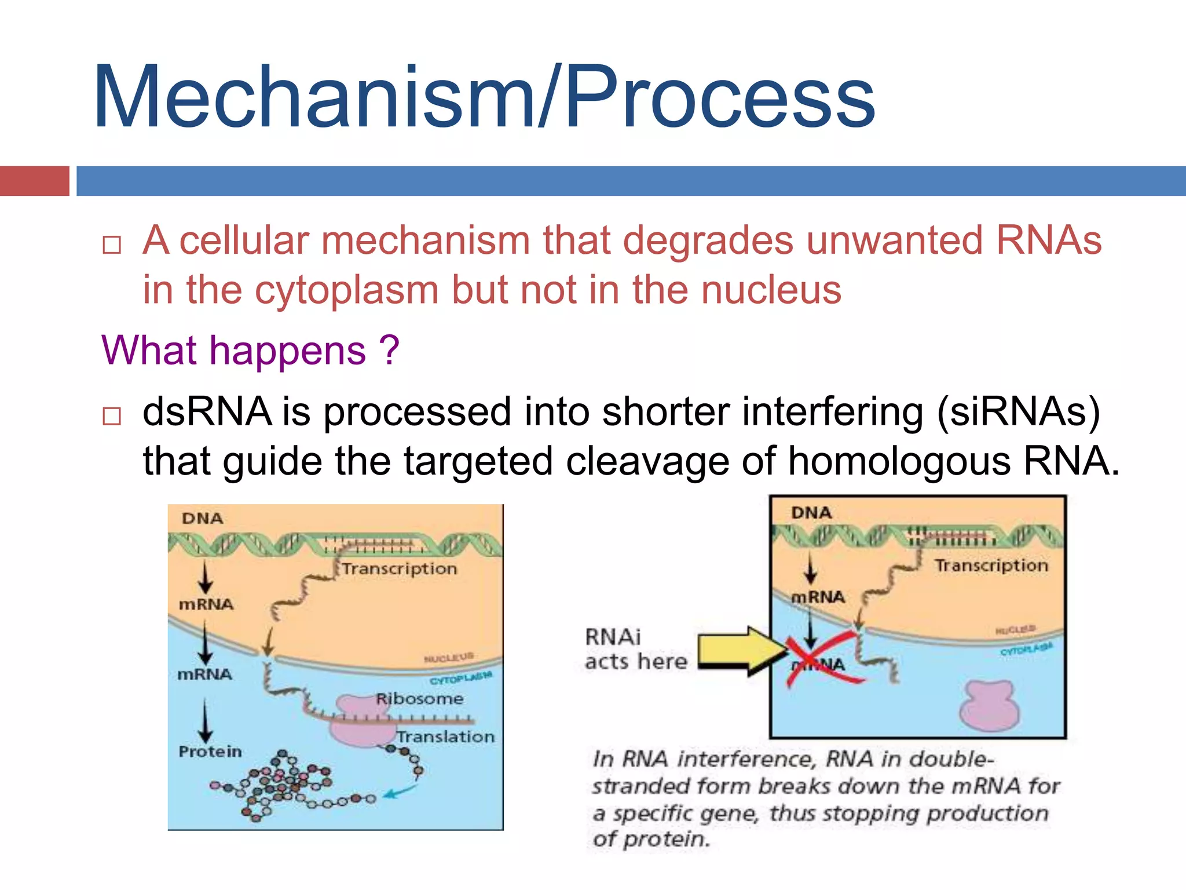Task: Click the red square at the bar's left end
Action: [x=34, y=181]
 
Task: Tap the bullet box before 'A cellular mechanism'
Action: [x=111, y=245]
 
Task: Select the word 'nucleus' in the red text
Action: [x=771, y=290]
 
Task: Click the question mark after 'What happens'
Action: [x=390, y=351]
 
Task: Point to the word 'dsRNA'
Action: [x=207, y=412]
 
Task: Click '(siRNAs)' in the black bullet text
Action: [x=1017, y=412]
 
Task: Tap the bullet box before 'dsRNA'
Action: [x=111, y=416]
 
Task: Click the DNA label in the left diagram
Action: [x=202, y=518]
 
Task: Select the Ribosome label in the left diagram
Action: [x=419, y=699]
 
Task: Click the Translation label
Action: [x=446, y=736]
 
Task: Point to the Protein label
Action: [x=210, y=752]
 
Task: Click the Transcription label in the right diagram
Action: [x=991, y=565]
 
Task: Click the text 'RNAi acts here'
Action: [x=635, y=649]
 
